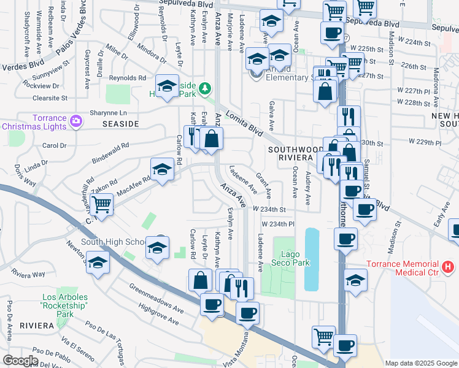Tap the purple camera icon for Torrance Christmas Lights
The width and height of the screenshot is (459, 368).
point(76,119)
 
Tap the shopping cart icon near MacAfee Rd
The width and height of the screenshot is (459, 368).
point(101,205)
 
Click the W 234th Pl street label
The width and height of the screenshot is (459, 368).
point(279,224)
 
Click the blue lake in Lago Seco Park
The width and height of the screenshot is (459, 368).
point(311,259)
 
